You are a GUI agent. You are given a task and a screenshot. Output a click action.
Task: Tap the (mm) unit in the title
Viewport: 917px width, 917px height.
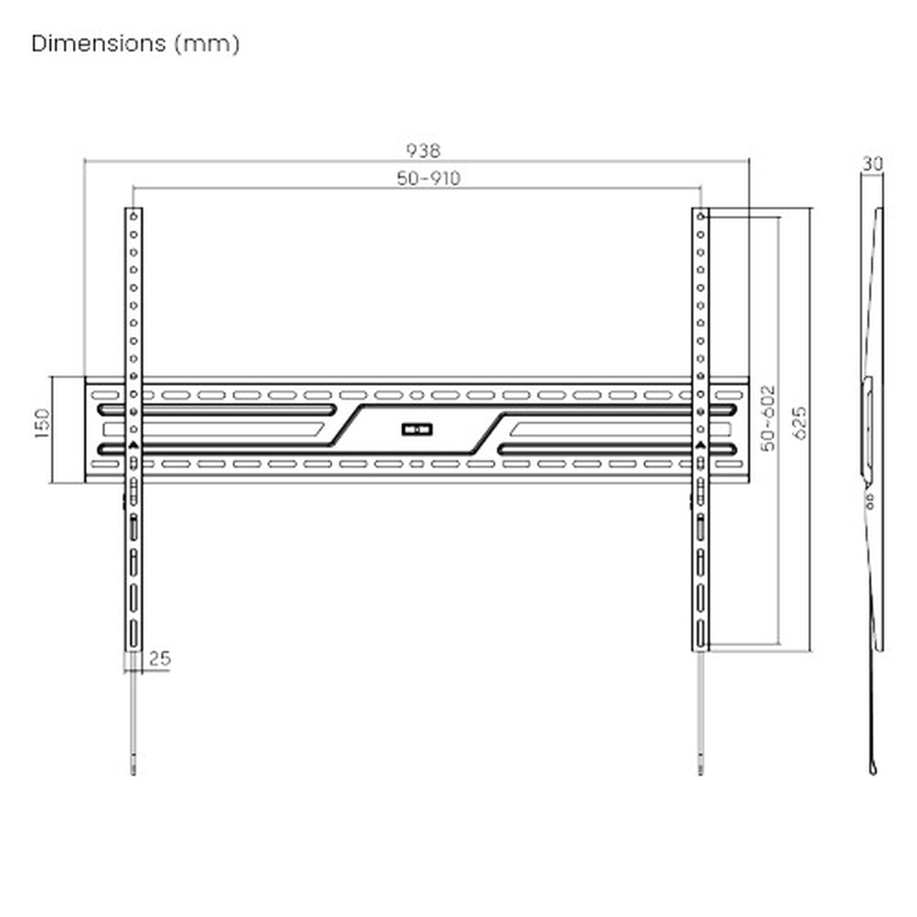[x=207, y=44]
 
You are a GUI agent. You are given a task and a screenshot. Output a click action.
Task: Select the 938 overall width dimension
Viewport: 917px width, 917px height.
[x=423, y=151]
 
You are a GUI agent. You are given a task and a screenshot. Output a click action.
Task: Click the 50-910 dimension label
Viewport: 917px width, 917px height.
[x=429, y=178]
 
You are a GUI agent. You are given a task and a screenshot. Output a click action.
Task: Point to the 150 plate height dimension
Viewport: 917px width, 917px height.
[x=42, y=423]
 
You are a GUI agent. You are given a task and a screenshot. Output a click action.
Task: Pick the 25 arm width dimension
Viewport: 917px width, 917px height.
[x=160, y=658]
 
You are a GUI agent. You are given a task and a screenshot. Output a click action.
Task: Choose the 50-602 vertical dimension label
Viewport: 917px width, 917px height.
[x=768, y=418]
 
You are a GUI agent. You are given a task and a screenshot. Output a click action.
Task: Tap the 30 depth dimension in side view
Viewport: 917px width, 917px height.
[x=873, y=164]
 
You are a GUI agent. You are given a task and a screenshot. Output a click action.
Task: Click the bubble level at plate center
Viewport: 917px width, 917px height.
[x=417, y=430]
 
